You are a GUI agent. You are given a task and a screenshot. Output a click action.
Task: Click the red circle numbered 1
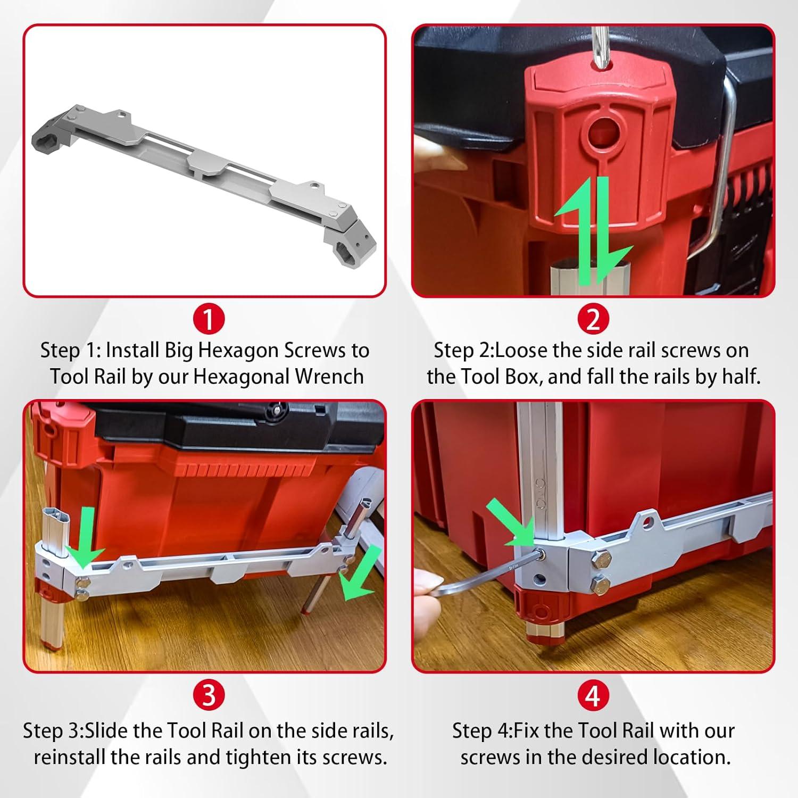pyautogui.click(x=209, y=319)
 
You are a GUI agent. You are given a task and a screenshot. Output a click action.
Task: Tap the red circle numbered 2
pyautogui.click(x=593, y=319)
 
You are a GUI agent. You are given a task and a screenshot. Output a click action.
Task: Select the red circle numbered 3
pyautogui.click(x=209, y=695)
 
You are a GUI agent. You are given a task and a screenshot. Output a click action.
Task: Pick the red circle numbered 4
pyautogui.click(x=593, y=695)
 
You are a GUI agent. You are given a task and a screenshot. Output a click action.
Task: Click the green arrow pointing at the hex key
pyautogui.click(x=511, y=524)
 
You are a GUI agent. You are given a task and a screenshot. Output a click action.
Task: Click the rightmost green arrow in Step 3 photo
pyautogui.click(x=362, y=577)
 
